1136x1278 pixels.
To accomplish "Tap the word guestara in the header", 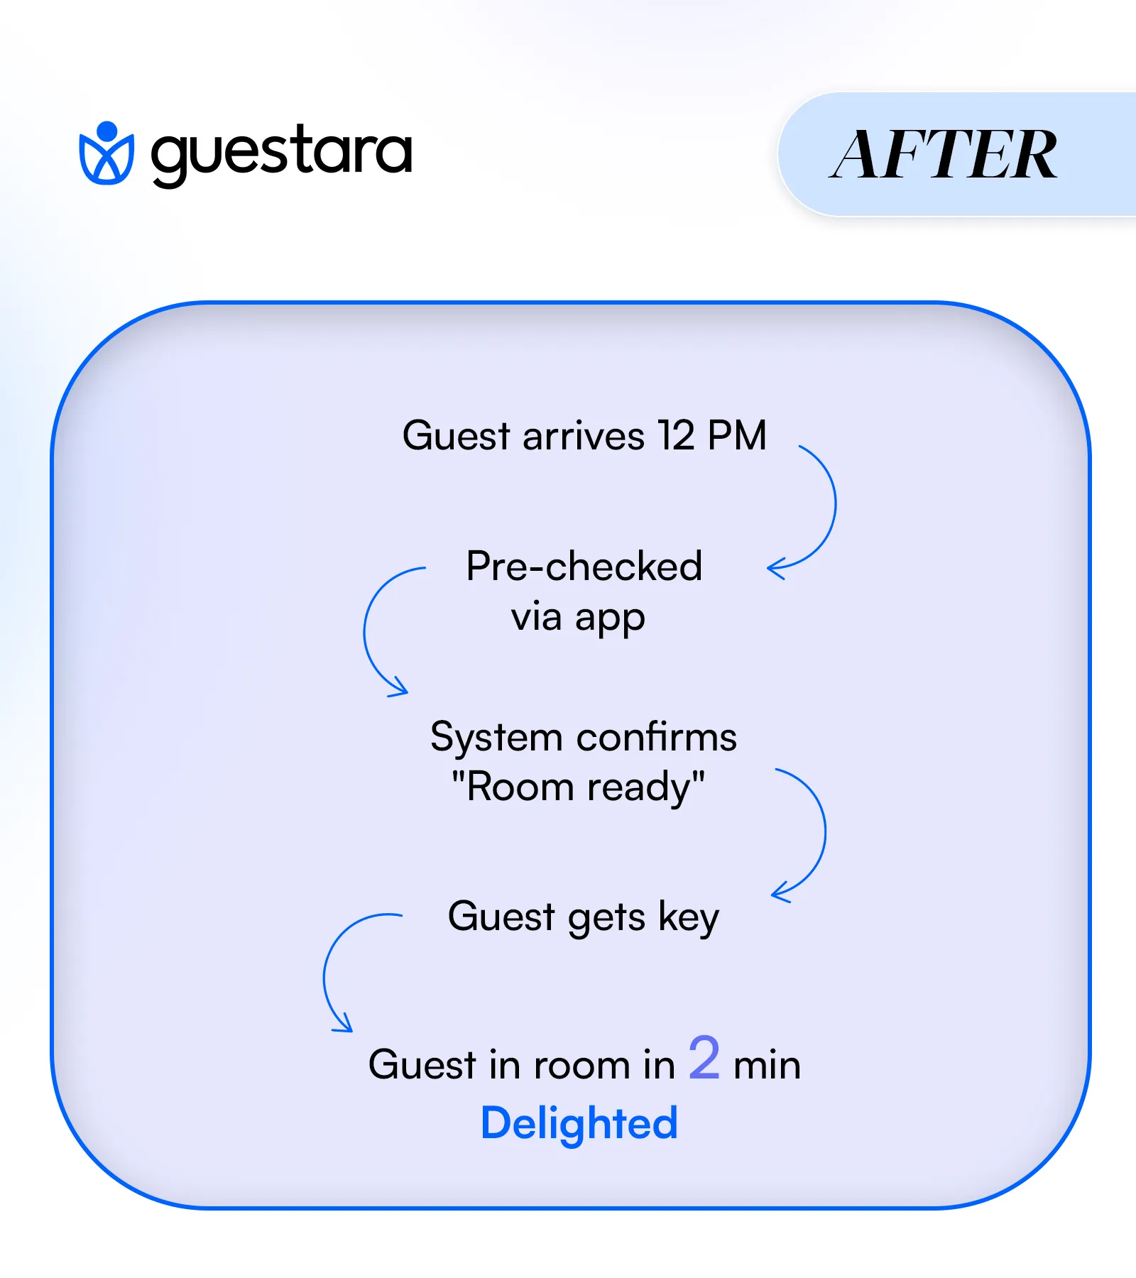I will pos(281,153).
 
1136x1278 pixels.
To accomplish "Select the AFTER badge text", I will pos(944,154).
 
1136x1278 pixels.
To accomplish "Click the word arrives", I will pos(584,435).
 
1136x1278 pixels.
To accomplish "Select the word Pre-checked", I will pos(584,566).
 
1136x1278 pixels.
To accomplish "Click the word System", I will pos(496,736).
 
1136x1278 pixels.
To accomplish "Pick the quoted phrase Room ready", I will pos(579,787).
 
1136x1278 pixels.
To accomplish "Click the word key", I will pos(689,917).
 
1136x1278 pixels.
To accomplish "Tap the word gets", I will pos(606,917).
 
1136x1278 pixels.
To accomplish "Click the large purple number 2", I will pos(704,1058).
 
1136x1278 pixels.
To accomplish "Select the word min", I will pos(767,1065).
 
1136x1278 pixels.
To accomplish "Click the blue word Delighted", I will pos(579,1123).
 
